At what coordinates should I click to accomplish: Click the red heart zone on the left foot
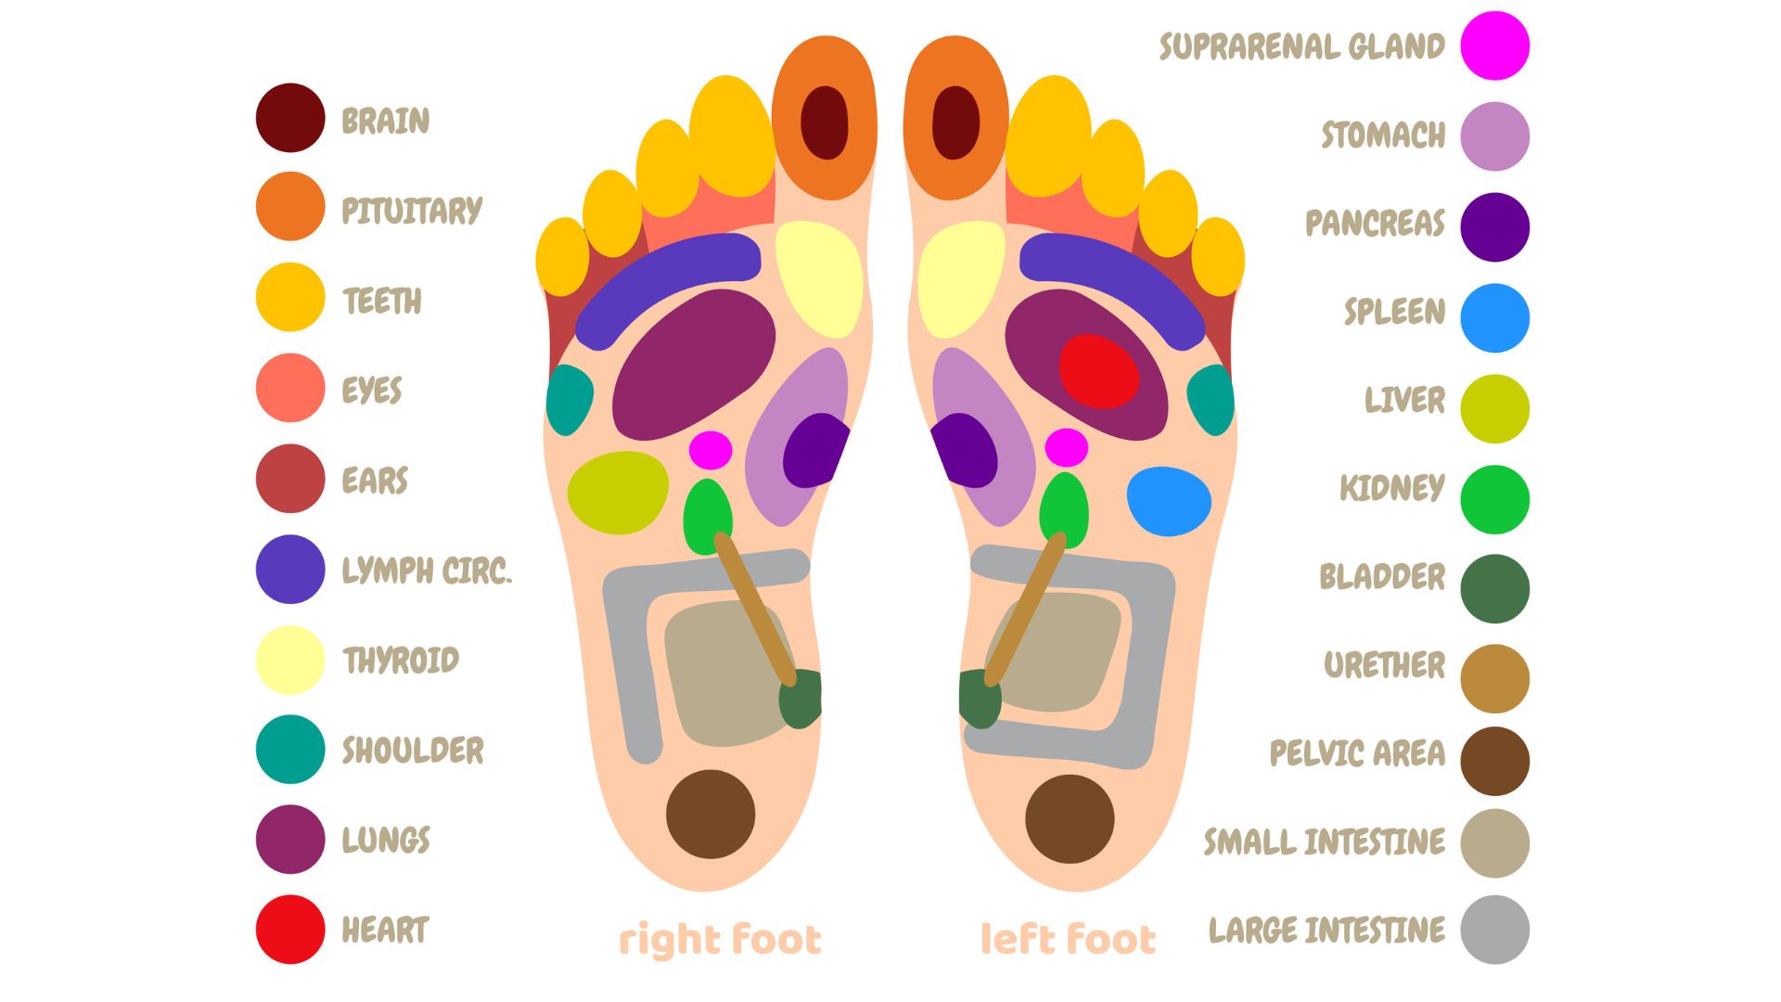(x=1098, y=371)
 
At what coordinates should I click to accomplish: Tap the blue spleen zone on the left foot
(x=1169, y=501)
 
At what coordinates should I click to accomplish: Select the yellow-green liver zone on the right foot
(x=618, y=493)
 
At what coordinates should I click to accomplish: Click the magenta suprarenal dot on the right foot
(x=711, y=450)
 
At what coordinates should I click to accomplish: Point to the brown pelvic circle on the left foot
(x=1070, y=818)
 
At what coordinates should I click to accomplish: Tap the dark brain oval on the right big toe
(x=824, y=122)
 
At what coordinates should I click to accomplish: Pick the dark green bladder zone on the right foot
(x=800, y=699)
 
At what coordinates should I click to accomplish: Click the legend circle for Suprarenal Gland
(x=1494, y=45)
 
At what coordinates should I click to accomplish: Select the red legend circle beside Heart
(x=290, y=929)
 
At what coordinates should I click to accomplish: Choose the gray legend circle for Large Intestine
(x=1494, y=929)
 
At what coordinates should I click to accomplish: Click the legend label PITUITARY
(x=412, y=211)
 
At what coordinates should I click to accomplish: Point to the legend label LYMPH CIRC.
(x=427, y=571)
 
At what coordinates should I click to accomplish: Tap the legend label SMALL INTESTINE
(x=1324, y=841)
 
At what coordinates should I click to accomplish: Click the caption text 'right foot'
(x=720, y=939)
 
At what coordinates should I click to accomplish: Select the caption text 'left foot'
(x=1068, y=939)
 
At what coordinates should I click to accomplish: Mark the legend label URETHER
(x=1384, y=665)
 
